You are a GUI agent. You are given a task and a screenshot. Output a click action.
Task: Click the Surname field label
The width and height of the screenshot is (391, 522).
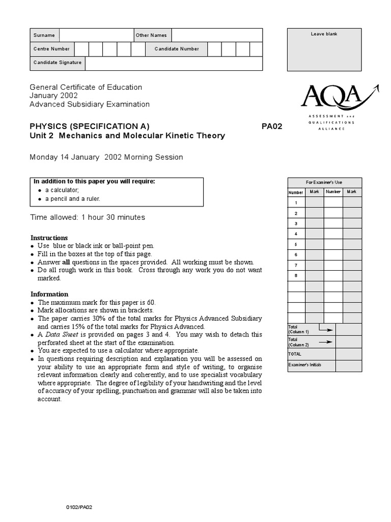point(44,35)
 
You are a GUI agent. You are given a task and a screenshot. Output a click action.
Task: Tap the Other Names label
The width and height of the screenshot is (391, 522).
point(151,35)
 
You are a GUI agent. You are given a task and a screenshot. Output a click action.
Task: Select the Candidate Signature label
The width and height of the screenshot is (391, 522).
point(57,63)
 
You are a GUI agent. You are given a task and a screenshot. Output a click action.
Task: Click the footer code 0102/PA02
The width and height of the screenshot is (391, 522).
point(82,507)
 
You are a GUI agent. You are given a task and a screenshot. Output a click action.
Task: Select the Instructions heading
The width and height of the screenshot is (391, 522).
point(49,238)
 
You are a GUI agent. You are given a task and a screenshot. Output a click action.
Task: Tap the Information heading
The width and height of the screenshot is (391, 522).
point(49,294)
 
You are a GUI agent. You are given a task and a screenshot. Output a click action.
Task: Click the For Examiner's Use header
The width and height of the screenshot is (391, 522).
point(324,182)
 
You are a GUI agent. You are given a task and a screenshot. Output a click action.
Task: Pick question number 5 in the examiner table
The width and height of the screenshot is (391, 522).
point(296,244)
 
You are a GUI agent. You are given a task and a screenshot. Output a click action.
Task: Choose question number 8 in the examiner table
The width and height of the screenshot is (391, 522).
point(296,275)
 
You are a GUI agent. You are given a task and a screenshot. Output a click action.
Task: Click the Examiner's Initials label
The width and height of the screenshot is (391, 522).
point(305,365)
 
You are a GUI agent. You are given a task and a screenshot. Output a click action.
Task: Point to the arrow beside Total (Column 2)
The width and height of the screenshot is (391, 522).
point(326,341)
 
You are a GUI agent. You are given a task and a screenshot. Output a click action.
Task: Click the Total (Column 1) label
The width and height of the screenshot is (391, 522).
point(299,329)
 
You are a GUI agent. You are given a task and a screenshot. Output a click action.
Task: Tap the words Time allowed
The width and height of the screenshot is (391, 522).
point(53,217)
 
